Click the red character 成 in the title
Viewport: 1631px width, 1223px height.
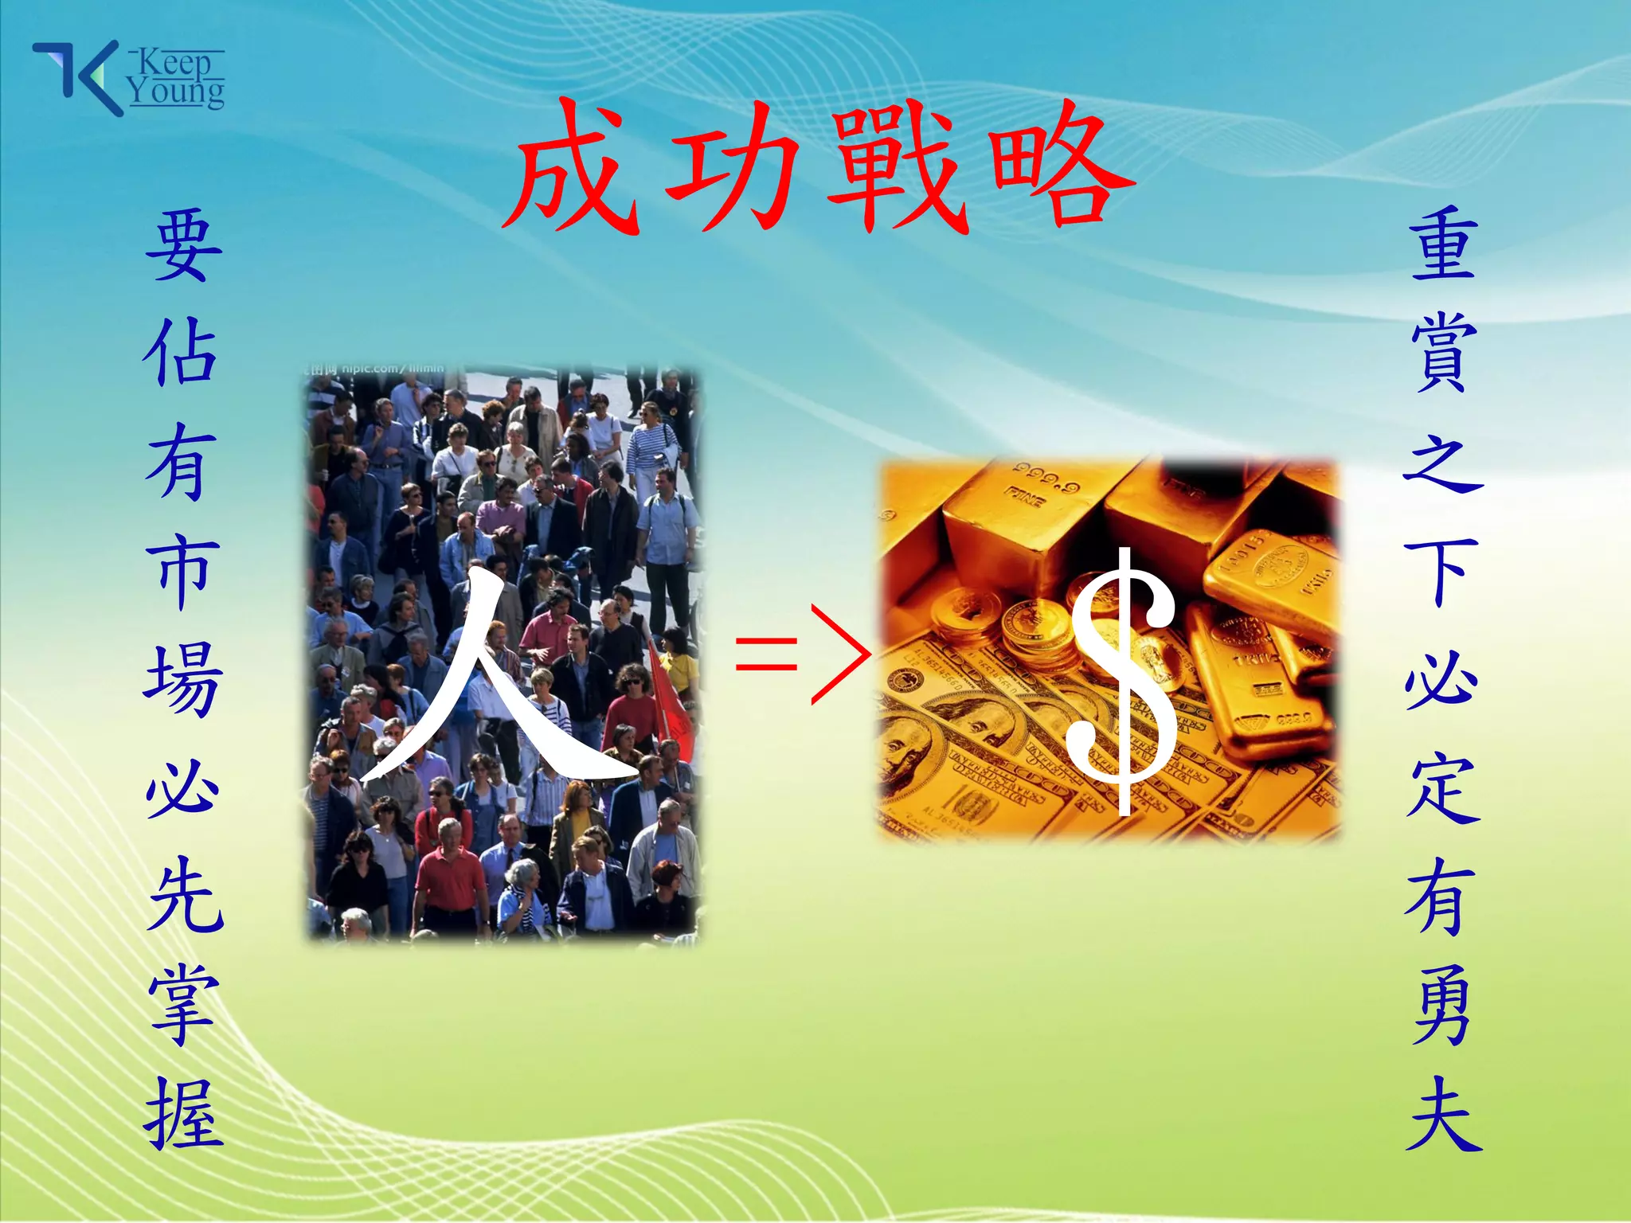pyautogui.click(x=572, y=169)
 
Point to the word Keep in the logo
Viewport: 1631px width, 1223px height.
pyautogui.click(x=174, y=62)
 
